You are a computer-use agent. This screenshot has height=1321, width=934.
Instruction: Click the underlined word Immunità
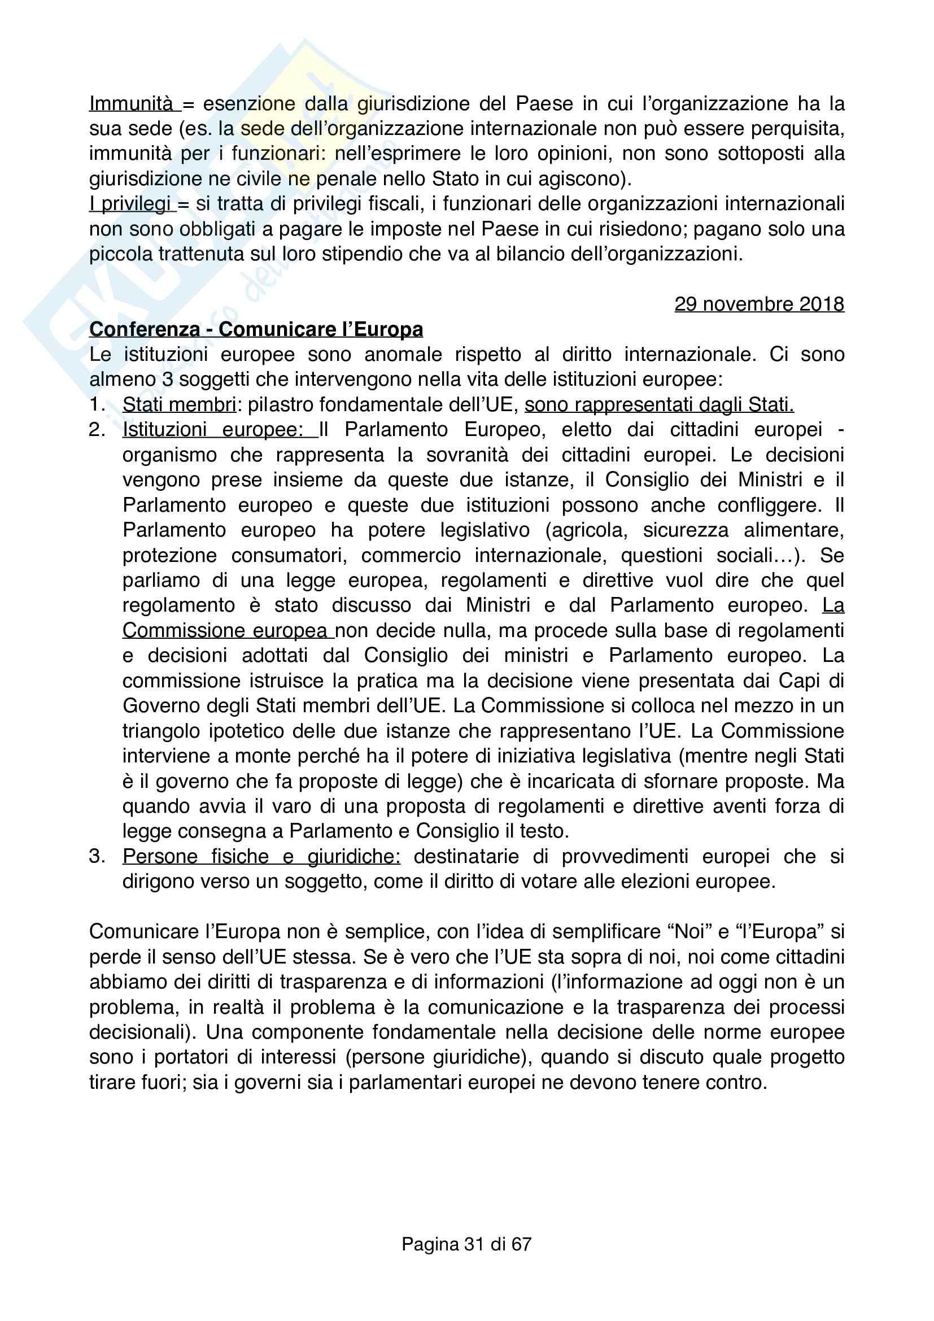pyautogui.click(x=130, y=103)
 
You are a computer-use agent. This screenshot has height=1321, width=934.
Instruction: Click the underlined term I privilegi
pyautogui.click(x=130, y=204)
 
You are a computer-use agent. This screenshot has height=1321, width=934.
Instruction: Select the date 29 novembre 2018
pyautogui.click(x=758, y=304)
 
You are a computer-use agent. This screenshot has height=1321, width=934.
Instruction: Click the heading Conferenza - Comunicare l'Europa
pyautogui.click(x=256, y=329)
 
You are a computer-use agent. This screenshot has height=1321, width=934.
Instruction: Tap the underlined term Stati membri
pyautogui.click(x=179, y=404)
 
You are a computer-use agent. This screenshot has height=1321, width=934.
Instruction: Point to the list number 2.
pyautogui.click(x=97, y=429)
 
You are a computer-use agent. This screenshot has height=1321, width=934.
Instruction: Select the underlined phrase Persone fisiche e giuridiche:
pyautogui.click(x=261, y=856)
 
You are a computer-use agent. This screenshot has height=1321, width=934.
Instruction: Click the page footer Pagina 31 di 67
pyautogui.click(x=466, y=1244)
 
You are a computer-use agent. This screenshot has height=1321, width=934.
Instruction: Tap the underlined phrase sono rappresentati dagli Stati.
pyautogui.click(x=658, y=404)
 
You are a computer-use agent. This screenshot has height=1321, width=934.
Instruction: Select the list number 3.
pyautogui.click(x=97, y=856)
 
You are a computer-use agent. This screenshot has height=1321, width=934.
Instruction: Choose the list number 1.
pyautogui.click(x=97, y=404)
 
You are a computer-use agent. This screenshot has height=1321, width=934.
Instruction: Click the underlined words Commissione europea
pyautogui.click(x=225, y=631)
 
